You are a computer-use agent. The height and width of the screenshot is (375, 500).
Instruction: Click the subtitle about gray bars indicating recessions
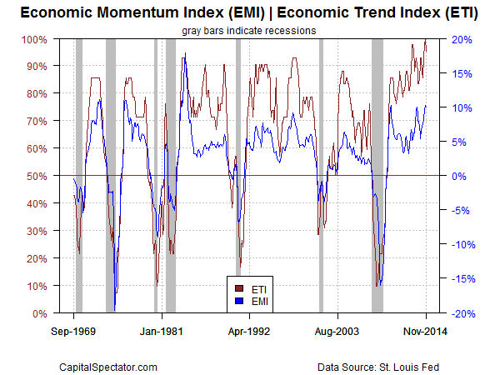[249, 31]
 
